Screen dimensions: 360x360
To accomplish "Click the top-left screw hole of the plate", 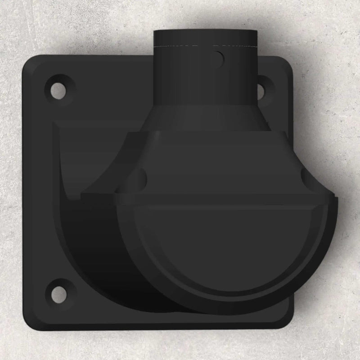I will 58,88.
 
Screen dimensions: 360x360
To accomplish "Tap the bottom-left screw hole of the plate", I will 58,292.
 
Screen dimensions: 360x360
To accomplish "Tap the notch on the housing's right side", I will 310,179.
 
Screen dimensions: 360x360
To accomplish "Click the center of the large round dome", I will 225,252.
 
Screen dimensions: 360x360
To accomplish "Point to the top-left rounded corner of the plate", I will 29,61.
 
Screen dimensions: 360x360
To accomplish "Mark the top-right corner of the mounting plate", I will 288,61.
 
